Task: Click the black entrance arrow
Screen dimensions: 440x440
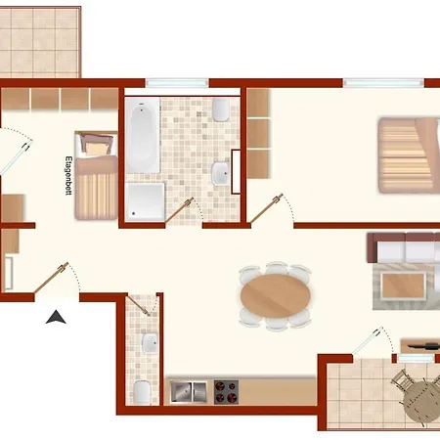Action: click(x=56, y=318)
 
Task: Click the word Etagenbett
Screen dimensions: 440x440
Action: click(x=68, y=176)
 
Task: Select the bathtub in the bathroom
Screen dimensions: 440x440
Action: click(x=143, y=135)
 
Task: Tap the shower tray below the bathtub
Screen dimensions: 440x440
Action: click(x=146, y=201)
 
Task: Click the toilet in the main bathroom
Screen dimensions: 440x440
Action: click(x=221, y=110)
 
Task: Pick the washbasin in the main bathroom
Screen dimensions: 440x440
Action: click(x=221, y=173)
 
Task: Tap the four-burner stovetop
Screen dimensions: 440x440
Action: click(x=226, y=392)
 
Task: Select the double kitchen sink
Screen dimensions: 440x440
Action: click(x=189, y=392)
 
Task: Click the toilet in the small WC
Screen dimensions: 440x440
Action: click(x=142, y=392)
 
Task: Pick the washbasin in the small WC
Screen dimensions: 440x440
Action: click(x=151, y=343)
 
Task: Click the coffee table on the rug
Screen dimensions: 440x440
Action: click(x=404, y=286)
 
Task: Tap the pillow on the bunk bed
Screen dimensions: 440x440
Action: click(x=97, y=149)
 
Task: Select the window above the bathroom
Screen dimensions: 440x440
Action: click(x=177, y=83)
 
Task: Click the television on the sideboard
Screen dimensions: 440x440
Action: click(x=423, y=345)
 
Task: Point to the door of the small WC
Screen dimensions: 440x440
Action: click(x=138, y=306)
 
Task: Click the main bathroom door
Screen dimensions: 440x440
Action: click(x=179, y=210)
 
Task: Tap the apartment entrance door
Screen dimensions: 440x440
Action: click(x=51, y=278)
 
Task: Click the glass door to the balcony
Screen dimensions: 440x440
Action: click(x=368, y=341)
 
